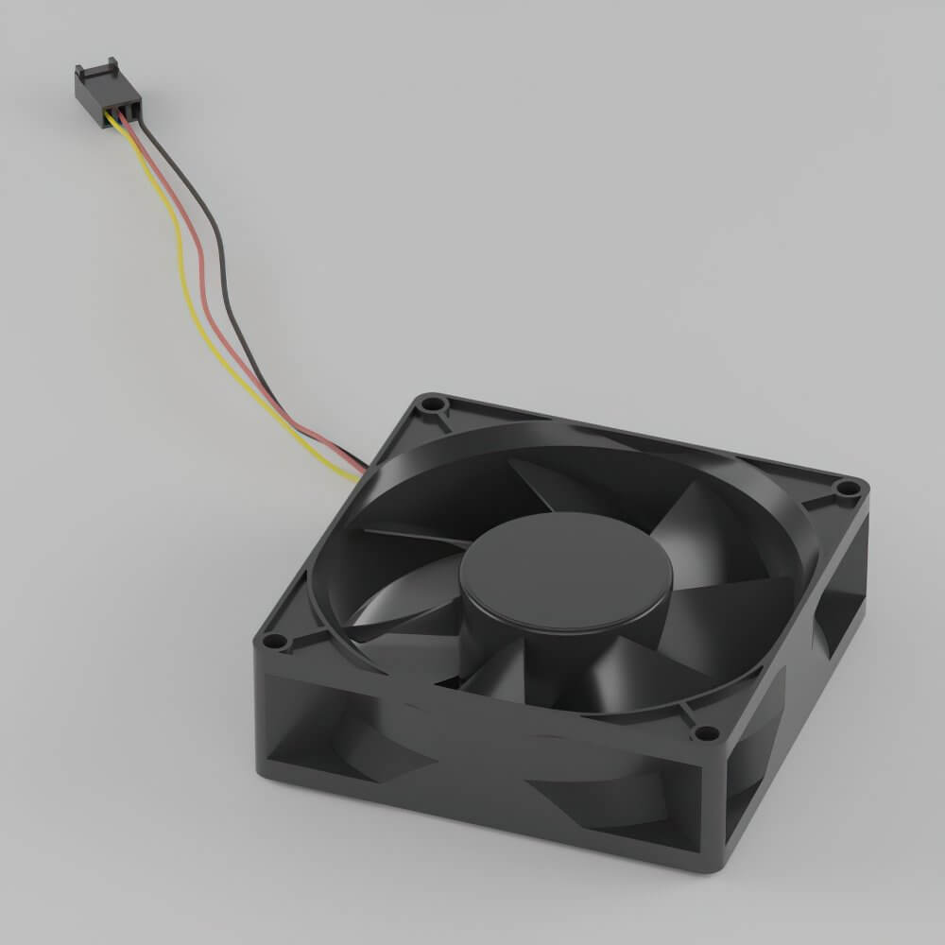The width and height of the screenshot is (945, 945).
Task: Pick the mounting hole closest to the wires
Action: (433, 405)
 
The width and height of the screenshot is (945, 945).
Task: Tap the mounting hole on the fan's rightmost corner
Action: (847, 489)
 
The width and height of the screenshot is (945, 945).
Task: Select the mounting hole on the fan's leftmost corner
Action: (274, 642)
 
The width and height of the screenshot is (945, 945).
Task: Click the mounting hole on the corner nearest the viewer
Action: (703, 732)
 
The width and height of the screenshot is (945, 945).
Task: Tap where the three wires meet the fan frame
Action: (357, 470)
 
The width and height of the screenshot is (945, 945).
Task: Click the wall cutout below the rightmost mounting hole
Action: (836, 605)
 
